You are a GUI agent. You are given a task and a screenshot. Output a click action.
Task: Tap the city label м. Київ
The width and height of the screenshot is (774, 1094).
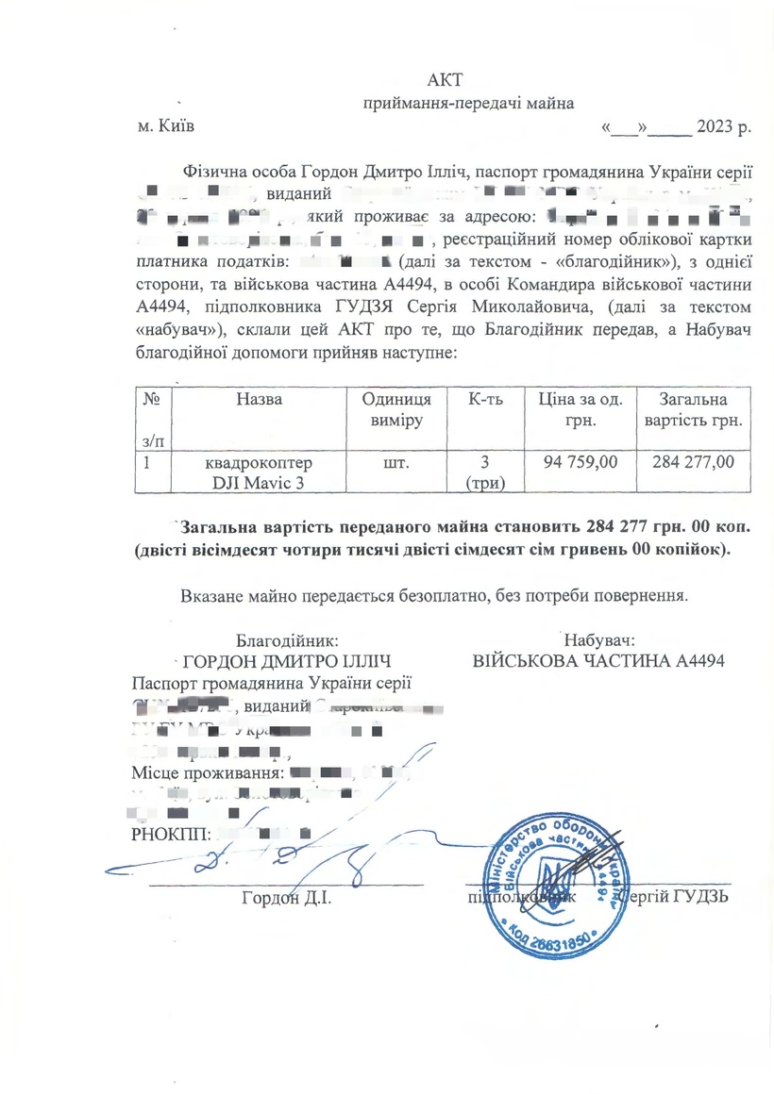point(166,126)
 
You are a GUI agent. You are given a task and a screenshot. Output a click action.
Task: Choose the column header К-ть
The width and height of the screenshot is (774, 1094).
point(485,400)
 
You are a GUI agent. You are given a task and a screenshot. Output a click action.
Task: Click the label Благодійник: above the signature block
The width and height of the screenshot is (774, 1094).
point(281,638)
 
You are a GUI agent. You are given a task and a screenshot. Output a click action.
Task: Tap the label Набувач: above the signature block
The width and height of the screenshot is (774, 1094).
point(598,638)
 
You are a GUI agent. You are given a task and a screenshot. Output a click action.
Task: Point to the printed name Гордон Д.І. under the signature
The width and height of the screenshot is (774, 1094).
point(285,896)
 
